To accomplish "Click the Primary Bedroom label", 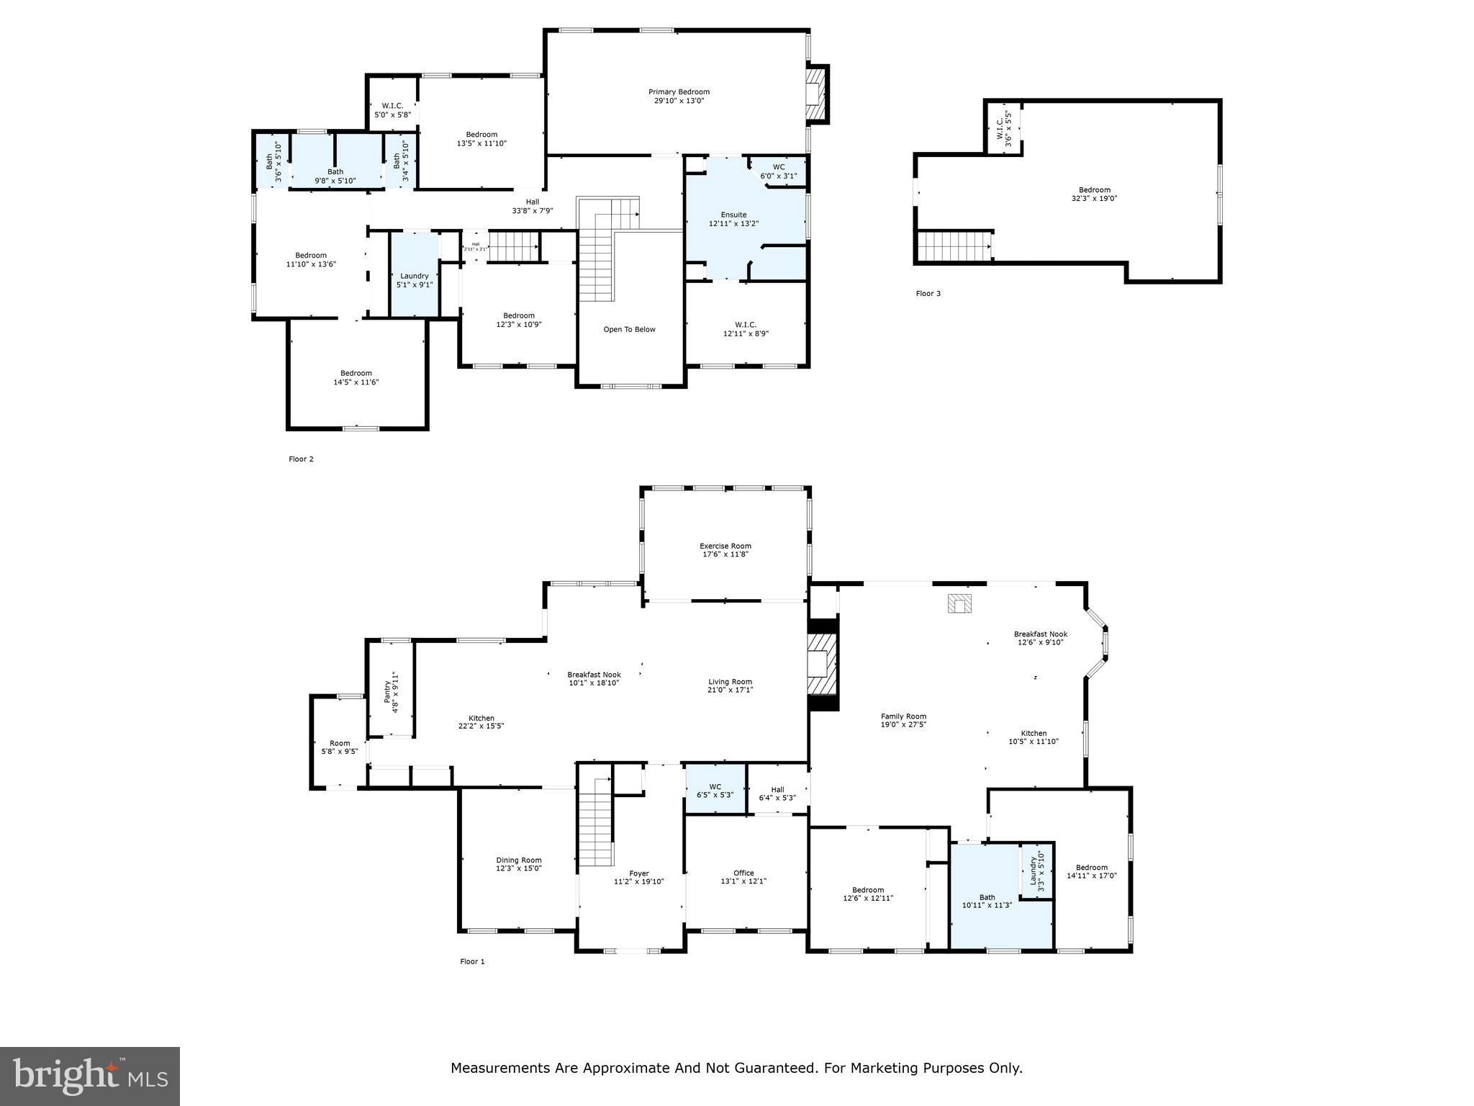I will click(679, 91).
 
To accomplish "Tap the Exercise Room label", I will click(725, 546).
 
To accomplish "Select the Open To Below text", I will click(629, 330).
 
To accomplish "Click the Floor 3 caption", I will click(928, 294).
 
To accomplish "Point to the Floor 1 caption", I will click(472, 961).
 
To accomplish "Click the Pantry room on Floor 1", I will click(391, 691).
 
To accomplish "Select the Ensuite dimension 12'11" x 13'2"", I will click(733, 224).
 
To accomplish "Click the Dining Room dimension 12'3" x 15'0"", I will click(518, 868).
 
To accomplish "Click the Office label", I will click(743, 873).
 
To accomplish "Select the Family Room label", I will click(903, 716).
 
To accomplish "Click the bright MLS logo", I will click(90, 1076).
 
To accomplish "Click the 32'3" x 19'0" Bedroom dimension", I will click(1094, 199).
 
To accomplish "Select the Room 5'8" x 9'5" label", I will click(340, 743).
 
